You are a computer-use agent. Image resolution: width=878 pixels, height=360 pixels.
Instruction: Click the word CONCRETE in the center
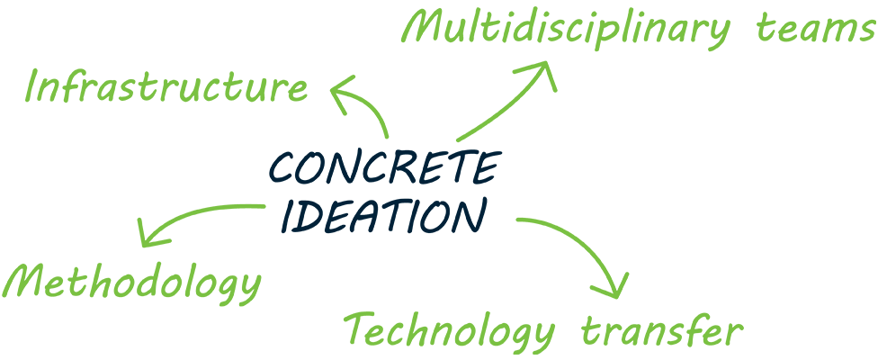(383, 167)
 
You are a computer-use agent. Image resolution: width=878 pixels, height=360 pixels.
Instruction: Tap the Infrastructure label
(166, 86)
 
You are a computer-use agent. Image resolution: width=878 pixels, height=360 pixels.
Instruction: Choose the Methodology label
(132, 283)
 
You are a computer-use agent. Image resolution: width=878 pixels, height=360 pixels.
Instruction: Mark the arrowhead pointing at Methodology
(150, 235)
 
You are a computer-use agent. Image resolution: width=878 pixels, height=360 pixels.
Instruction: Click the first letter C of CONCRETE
(282, 168)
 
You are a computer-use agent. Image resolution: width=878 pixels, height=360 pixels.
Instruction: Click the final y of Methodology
(248, 289)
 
